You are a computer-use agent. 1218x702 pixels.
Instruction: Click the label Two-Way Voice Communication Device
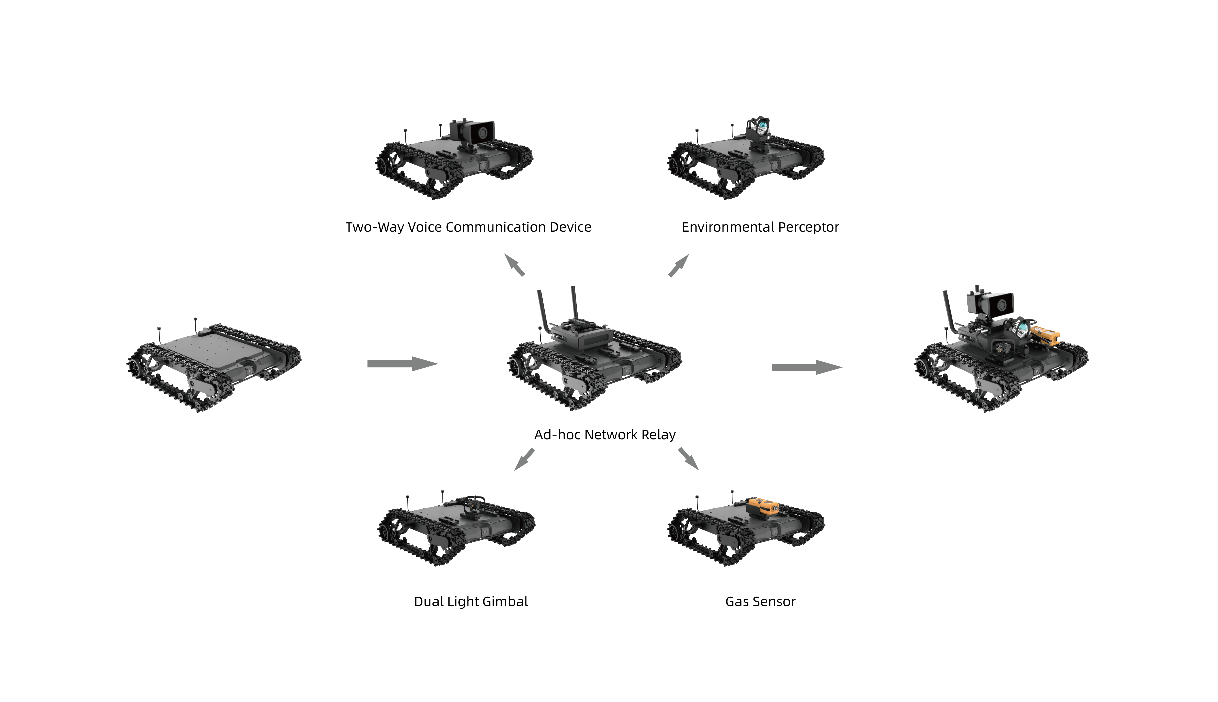click(x=468, y=227)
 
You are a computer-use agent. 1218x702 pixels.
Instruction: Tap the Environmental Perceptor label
click(x=760, y=227)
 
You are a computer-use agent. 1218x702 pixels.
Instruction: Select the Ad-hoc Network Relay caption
click(x=605, y=435)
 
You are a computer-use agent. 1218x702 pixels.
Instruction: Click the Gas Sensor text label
click(x=760, y=602)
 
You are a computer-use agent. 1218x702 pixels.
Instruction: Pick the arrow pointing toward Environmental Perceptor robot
click(x=678, y=265)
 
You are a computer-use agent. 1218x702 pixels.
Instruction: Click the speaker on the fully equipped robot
click(x=998, y=304)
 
